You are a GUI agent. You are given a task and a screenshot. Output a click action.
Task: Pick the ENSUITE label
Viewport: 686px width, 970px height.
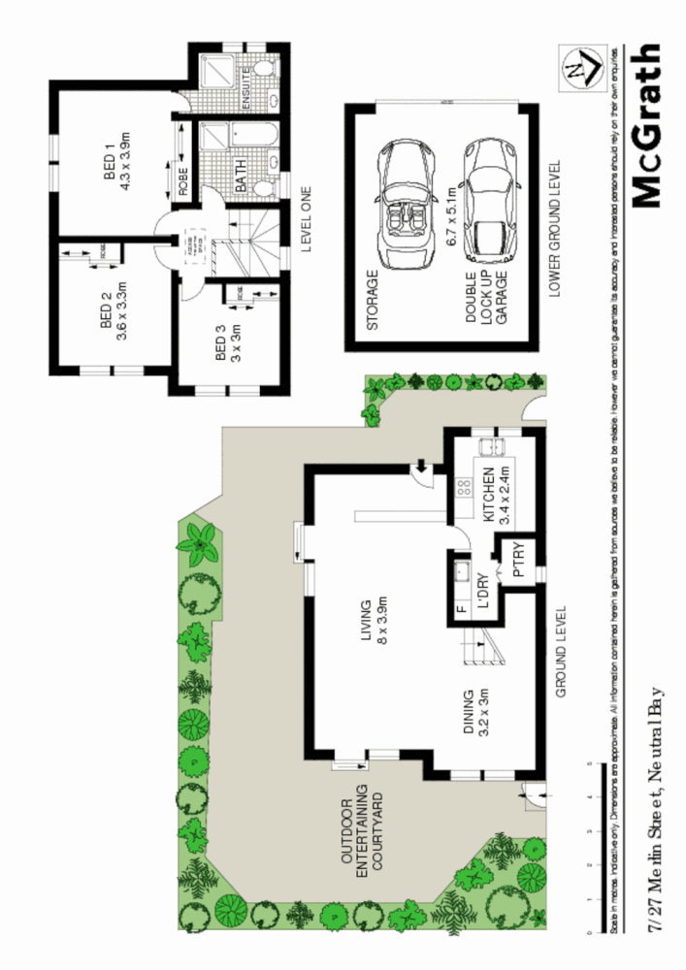246,85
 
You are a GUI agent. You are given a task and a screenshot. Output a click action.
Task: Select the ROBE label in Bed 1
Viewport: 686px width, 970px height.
182,182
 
